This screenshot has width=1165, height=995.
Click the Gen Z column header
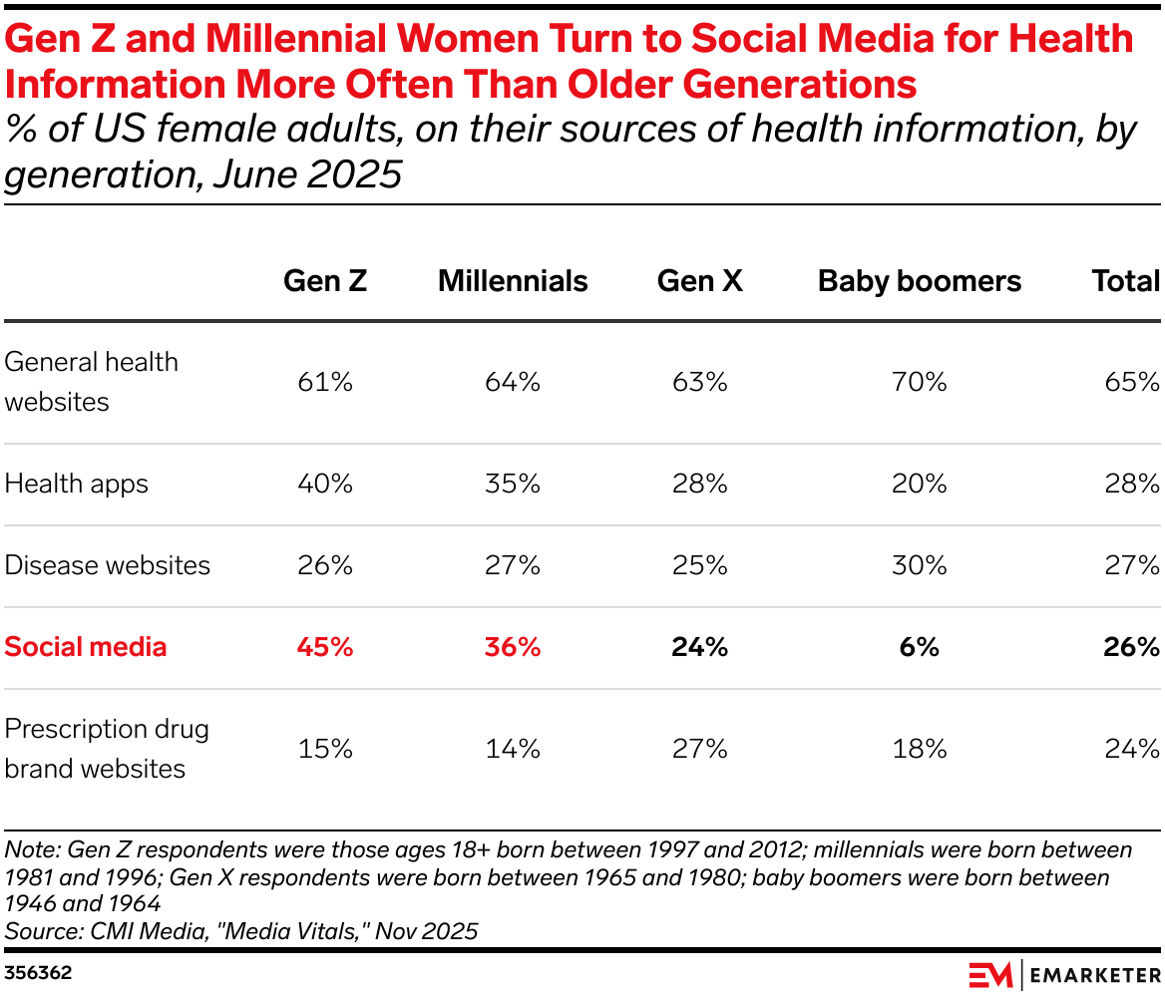point(325,281)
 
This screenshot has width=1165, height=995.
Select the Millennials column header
point(513,281)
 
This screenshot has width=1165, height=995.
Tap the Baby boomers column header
point(919,281)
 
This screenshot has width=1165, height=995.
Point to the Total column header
point(1125,281)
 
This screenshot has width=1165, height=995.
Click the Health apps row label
point(77,485)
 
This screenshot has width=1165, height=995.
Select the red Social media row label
point(86,647)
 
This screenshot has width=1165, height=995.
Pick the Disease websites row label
point(108,565)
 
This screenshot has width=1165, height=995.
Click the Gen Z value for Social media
point(325,647)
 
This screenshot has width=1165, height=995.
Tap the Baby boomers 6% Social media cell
point(919,647)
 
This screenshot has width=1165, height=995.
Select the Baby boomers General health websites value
point(919,382)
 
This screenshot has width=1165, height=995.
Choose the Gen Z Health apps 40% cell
point(325,485)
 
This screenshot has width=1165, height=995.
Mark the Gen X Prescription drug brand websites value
point(699,749)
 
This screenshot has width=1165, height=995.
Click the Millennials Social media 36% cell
point(513,647)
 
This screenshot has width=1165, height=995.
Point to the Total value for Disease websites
point(1132,565)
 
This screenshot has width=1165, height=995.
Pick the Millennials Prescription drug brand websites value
point(513,749)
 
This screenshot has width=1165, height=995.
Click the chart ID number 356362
point(38,972)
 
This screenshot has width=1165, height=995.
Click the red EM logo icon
point(990,974)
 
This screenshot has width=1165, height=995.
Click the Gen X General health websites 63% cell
point(699,382)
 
